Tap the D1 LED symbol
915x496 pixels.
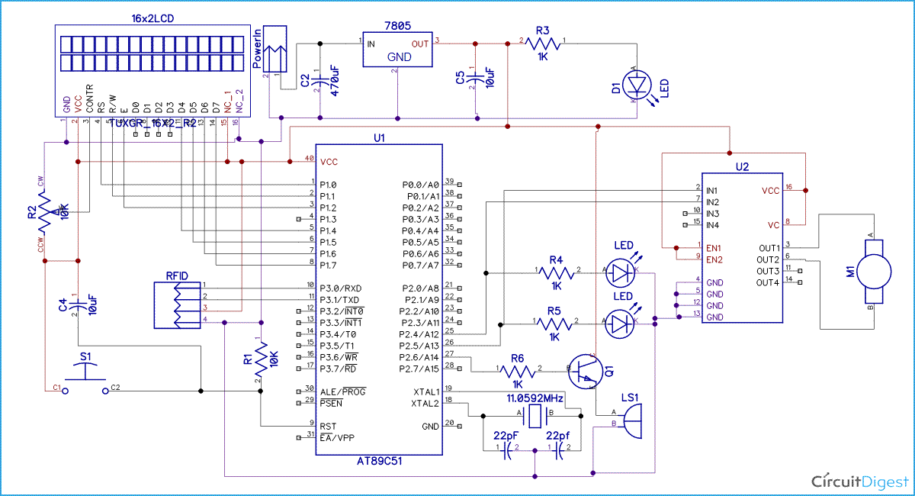(x=635, y=82)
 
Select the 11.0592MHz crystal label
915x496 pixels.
(x=535, y=398)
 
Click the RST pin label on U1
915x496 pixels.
(x=328, y=426)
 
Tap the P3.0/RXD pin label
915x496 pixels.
(x=340, y=288)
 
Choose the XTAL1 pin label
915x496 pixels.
(x=425, y=391)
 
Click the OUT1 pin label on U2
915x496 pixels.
(x=769, y=248)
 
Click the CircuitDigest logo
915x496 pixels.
(x=859, y=481)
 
